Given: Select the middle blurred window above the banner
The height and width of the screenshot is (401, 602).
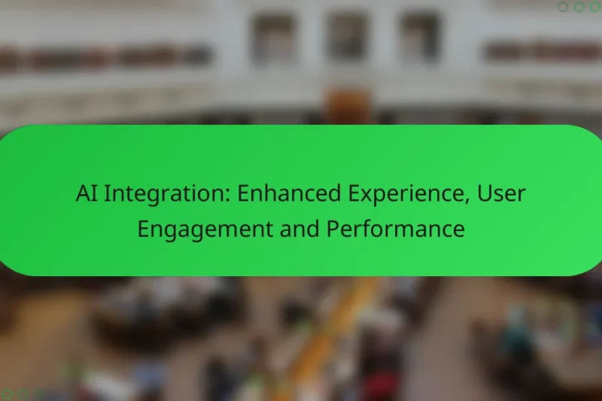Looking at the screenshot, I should [347, 38].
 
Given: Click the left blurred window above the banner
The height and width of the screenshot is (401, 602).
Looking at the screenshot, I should [274, 38].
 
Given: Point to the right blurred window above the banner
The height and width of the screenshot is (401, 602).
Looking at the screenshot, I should [419, 38].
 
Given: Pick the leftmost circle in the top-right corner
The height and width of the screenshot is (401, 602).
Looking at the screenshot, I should [563, 7].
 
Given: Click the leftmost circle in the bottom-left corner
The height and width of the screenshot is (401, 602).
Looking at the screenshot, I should [6, 393].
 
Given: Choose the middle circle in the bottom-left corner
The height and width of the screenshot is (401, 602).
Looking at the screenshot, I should [23, 393].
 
